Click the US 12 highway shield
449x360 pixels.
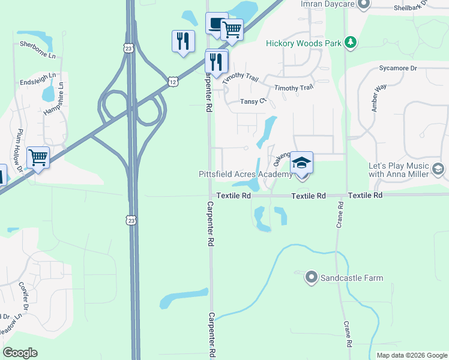(x=172, y=81)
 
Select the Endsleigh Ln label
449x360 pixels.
(x=38, y=78)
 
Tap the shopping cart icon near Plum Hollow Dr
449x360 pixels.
(x=38, y=158)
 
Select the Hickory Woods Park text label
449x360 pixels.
(x=303, y=43)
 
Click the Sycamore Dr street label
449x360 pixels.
(x=397, y=68)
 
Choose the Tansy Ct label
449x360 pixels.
(x=253, y=101)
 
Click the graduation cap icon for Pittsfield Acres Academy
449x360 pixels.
(x=302, y=162)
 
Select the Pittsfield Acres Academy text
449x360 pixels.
(x=246, y=175)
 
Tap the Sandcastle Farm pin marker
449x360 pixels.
(x=311, y=277)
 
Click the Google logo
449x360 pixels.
(x=20, y=353)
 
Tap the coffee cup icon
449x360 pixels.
(x=216, y=24)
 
